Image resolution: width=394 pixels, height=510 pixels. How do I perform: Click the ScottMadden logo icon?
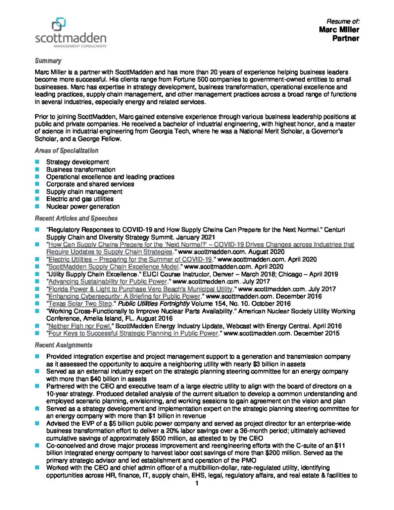(59, 25)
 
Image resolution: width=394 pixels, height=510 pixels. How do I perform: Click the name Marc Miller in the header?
(339, 30)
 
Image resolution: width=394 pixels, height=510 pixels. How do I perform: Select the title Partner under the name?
(345, 38)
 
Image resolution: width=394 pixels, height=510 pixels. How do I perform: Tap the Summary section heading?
(48, 61)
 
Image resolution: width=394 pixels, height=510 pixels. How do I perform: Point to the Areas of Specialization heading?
(66, 151)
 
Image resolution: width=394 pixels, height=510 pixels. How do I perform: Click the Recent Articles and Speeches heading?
(76, 219)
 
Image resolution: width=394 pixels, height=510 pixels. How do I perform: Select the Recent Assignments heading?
(63, 345)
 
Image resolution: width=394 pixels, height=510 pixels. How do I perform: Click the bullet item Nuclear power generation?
(83, 206)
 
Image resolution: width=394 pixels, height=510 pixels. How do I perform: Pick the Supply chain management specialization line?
(84, 192)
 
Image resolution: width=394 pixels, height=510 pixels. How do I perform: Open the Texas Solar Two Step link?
(80, 304)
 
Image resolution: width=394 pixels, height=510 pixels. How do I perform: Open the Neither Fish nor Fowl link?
(80, 326)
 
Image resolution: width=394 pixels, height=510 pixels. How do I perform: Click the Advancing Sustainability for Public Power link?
(108, 281)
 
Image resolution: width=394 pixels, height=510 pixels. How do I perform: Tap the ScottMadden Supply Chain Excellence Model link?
(113, 267)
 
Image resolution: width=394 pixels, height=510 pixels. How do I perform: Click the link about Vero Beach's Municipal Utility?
(140, 289)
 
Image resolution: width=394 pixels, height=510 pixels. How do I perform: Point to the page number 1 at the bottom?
(197, 483)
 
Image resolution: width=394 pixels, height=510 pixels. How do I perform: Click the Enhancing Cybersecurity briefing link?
(124, 296)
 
